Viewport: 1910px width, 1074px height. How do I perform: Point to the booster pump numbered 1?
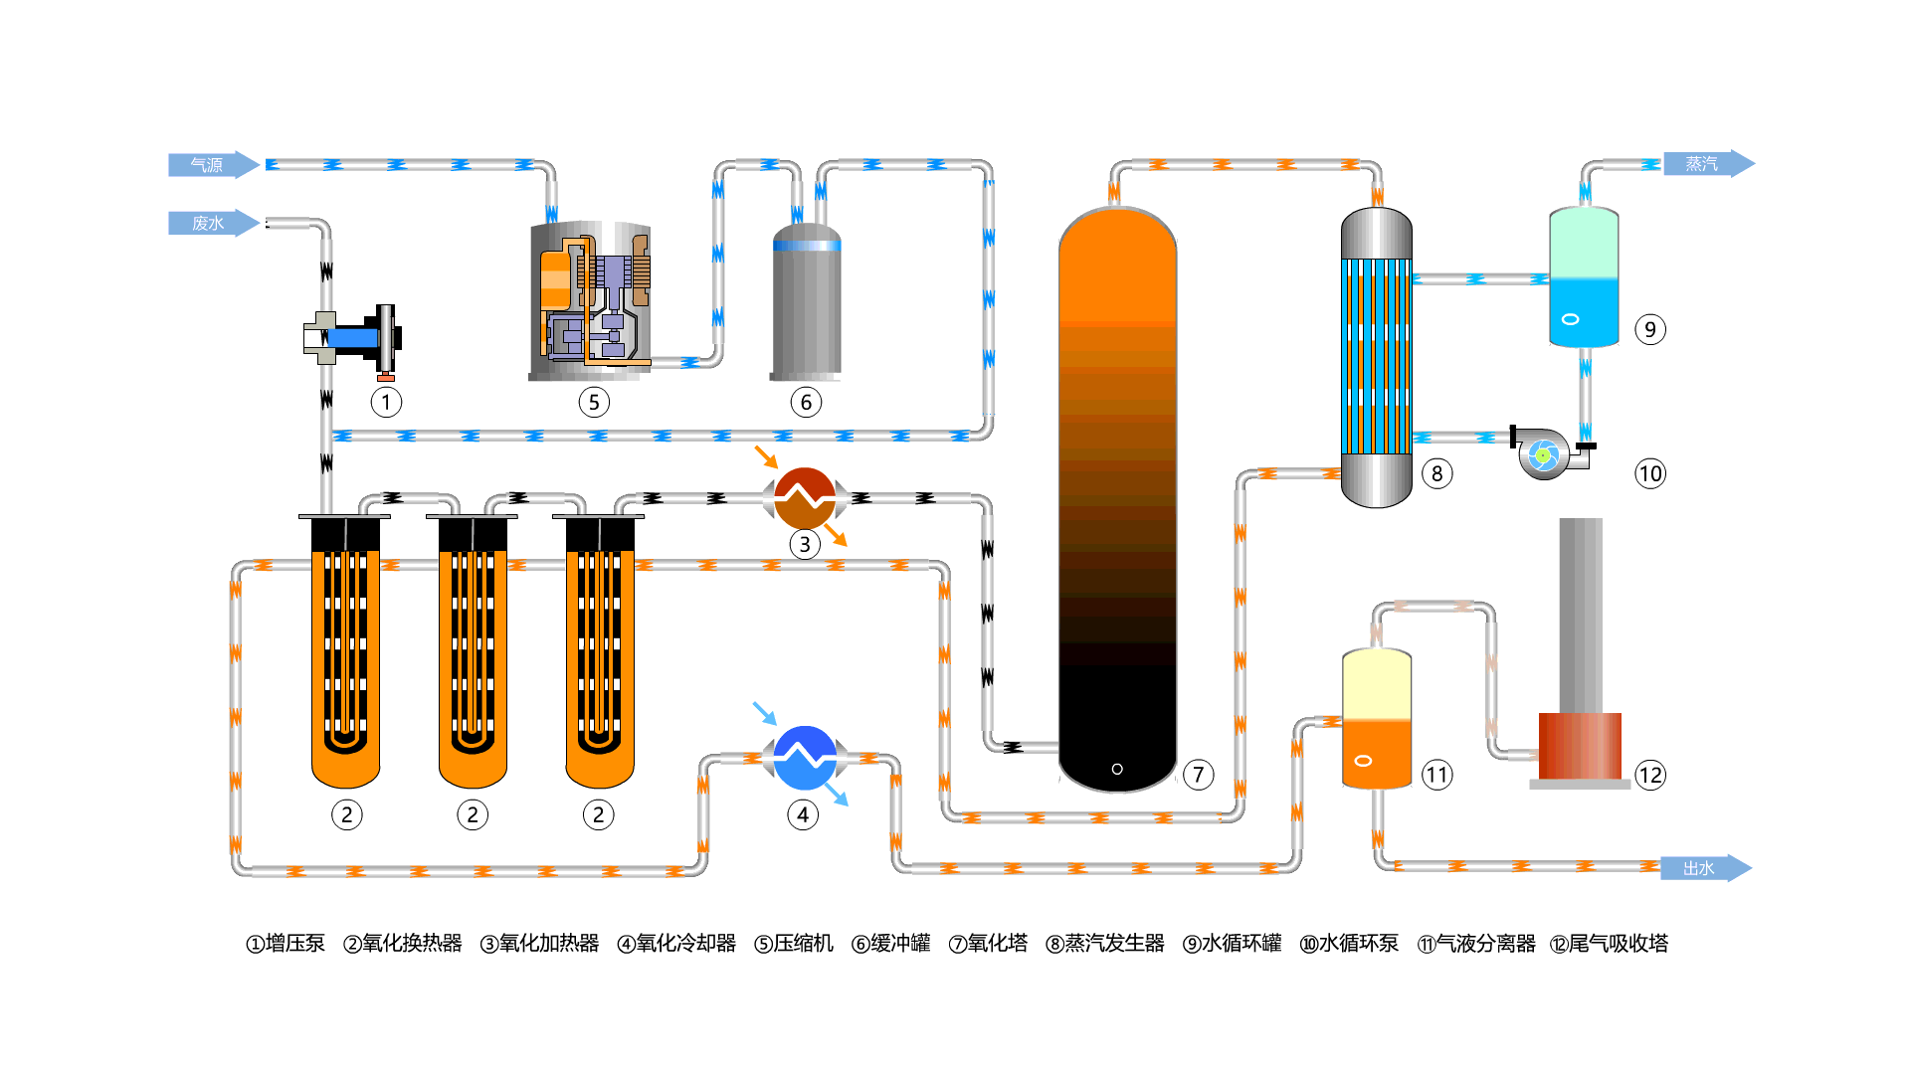tap(354, 338)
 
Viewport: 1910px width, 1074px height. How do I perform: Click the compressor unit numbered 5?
tap(591, 301)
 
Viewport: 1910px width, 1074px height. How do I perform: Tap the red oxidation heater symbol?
tap(805, 498)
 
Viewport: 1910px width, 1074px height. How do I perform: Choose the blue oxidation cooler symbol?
tap(805, 758)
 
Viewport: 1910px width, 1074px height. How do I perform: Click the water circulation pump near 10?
tap(1546, 454)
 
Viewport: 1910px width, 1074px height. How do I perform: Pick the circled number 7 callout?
tap(1199, 775)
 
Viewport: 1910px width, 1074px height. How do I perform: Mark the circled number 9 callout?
tap(1650, 329)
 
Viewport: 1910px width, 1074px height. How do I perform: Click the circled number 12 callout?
tap(1650, 775)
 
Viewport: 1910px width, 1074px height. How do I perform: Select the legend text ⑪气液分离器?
tap(1476, 943)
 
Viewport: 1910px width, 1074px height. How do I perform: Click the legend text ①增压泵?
tap(286, 943)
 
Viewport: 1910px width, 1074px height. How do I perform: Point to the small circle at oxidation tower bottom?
tap(1117, 769)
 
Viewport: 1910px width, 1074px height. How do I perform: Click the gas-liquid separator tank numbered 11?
tap(1377, 719)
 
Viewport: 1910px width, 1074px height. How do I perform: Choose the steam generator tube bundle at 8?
tap(1377, 356)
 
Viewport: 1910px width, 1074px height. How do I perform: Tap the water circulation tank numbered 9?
tap(1584, 278)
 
